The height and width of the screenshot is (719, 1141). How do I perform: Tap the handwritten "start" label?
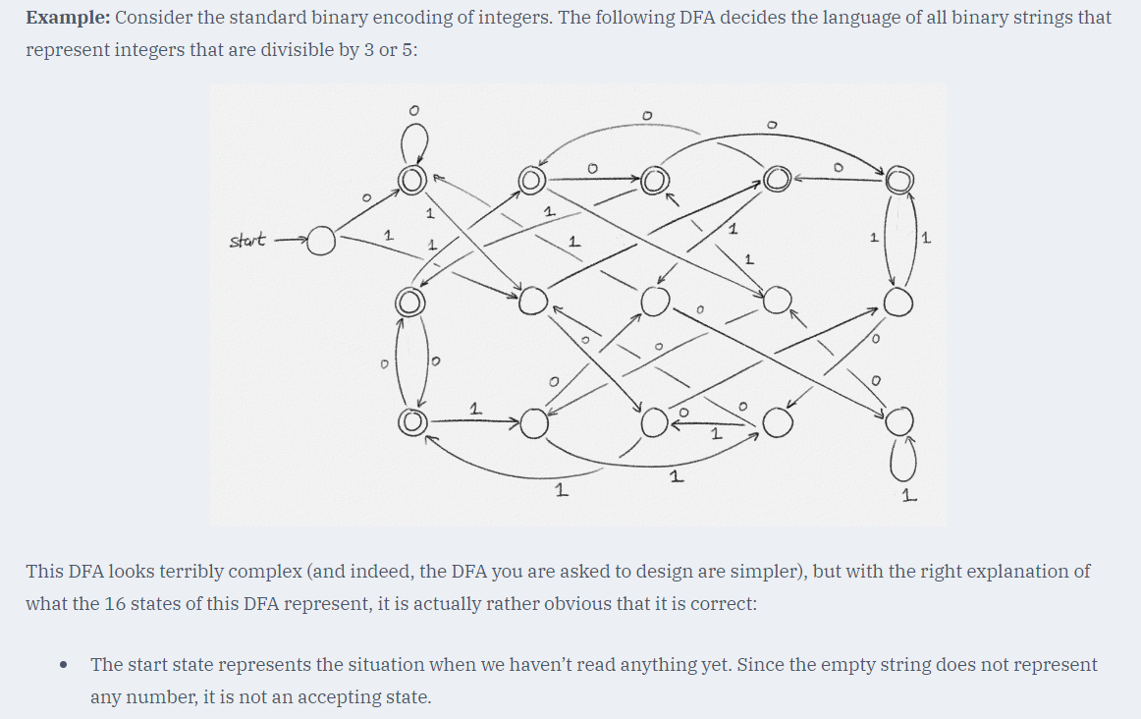245,241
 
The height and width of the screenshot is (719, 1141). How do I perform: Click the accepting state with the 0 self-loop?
411,178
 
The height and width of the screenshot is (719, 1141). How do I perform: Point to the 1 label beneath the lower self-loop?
909,497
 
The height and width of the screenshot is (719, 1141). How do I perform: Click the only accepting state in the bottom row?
412,422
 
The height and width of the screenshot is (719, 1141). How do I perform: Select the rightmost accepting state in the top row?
898,181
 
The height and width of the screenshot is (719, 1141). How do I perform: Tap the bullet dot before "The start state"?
64,665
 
